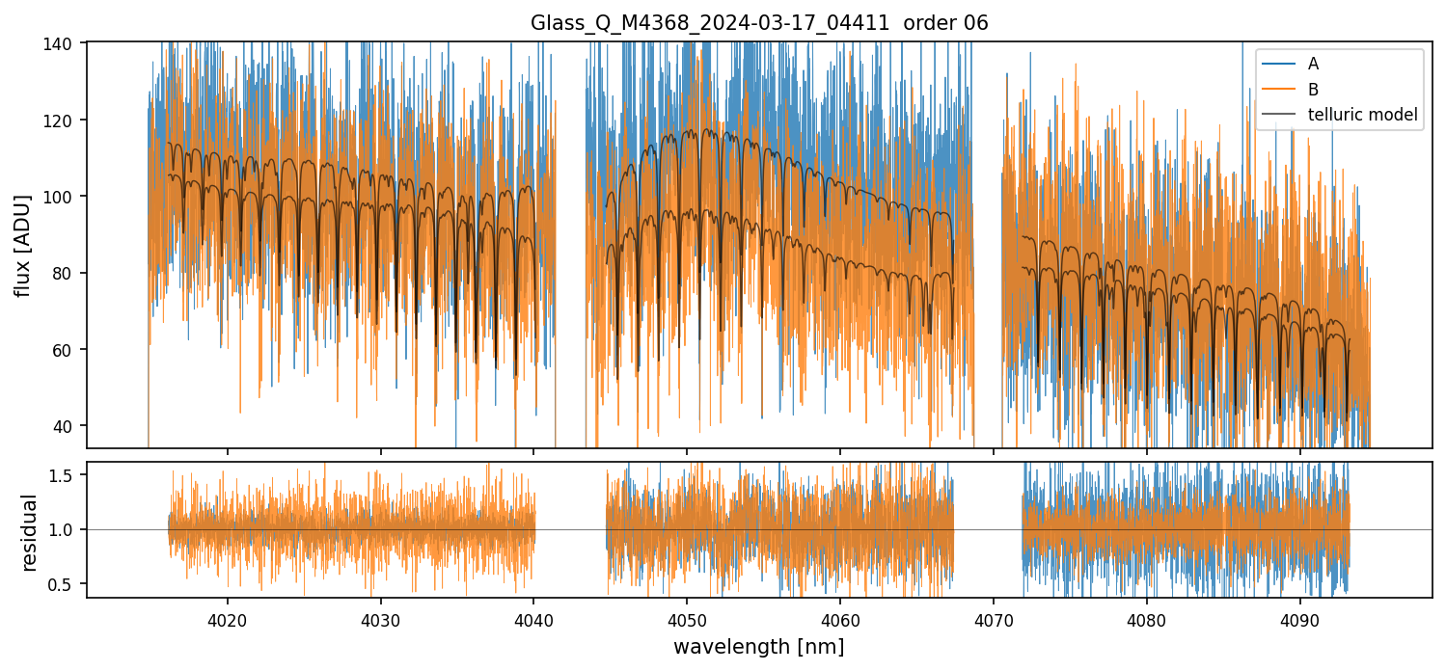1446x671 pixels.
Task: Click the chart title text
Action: click(x=759, y=23)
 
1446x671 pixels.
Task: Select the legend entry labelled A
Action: click(x=1313, y=64)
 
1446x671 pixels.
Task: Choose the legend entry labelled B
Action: click(x=1313, y=90)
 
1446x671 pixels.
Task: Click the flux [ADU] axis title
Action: click(x=22, y=245)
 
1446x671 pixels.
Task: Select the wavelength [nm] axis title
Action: click(x=759, y=646)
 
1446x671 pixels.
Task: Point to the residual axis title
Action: click(x=30, y=532)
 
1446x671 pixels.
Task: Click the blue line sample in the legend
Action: click(x=1280, y=64)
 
